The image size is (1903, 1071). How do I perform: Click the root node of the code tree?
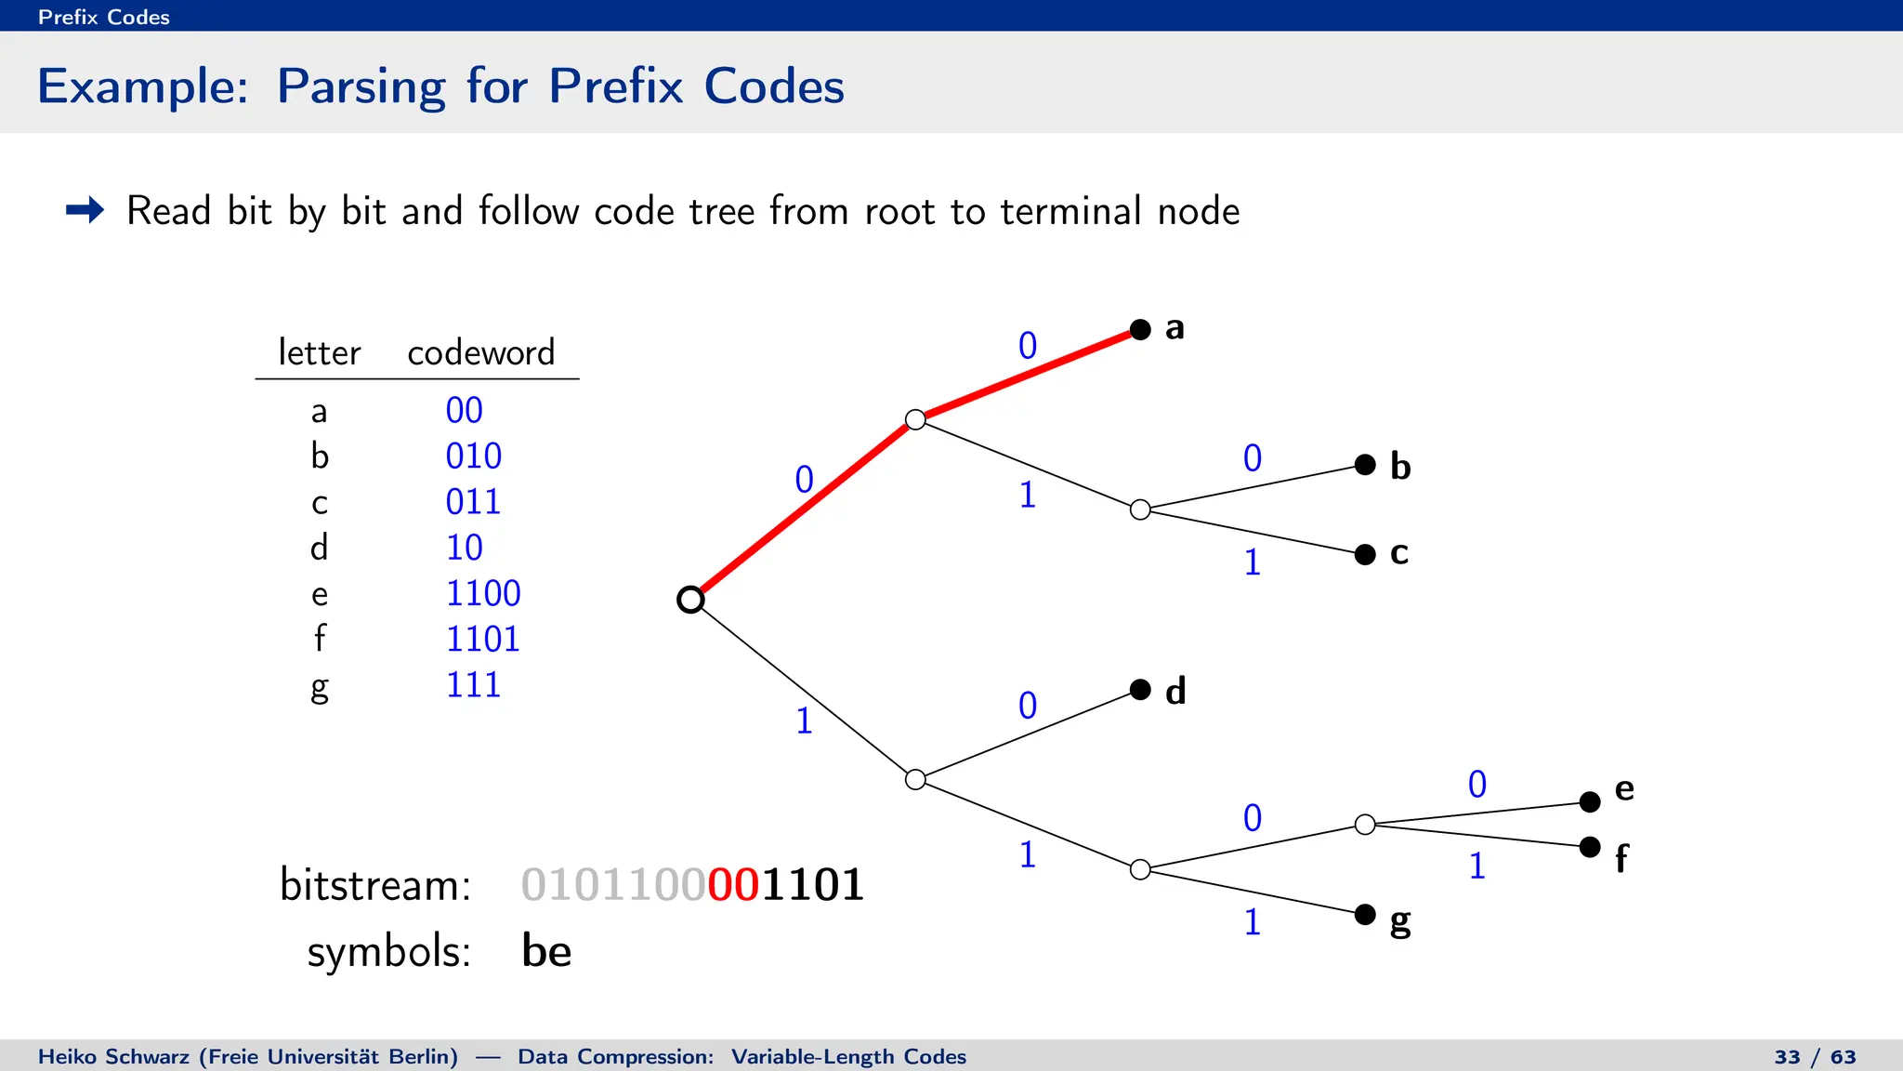click(690, 600)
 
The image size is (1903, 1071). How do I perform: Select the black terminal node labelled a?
click(1140, 329)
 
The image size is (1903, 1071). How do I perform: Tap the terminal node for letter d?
click(1140, 689)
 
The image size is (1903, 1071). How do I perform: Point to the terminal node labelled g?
click(1365, 914)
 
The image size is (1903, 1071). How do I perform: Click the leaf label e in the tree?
click(1624, 789)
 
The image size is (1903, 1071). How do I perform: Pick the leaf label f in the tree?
click(1621, 858)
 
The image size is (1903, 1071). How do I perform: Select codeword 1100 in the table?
click(483, 593)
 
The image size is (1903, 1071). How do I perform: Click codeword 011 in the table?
click(473, 502)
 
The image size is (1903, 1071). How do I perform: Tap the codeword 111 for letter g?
click(473, 685)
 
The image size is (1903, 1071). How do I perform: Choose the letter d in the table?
click(319, 548)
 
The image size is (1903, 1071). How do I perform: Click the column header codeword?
click(480, 352)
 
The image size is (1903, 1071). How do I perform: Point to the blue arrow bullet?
click(85, 210)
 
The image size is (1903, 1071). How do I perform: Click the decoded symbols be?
click(546, 951)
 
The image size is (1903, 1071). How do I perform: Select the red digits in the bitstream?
click(733, 884)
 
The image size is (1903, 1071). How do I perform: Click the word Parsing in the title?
click(361, 87)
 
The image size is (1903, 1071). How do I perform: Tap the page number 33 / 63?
click(1815, 1057)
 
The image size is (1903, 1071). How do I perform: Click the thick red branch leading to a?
click(1027, 374)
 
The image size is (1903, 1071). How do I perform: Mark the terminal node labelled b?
click(1365, 464)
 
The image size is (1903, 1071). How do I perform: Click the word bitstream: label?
click(375, 884)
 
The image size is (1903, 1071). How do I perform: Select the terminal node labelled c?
click(1365, 554)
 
